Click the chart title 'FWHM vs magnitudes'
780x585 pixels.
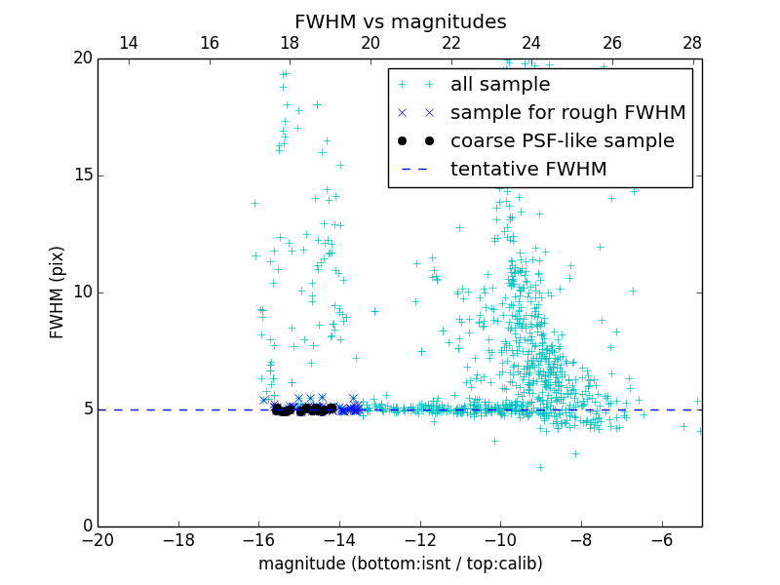coord(400,21)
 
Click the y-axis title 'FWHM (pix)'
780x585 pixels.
coord(58,292)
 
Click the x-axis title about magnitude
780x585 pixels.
coord(400,564)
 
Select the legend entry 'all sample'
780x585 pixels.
coord(499,85)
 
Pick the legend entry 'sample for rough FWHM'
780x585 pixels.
coord(567,113)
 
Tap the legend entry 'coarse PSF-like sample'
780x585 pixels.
coord(562,141)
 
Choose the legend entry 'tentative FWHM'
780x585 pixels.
coord(528,170)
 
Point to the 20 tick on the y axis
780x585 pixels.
coord(81,58)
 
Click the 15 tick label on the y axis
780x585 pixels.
coord(81,175)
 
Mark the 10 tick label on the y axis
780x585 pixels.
coord(81,292)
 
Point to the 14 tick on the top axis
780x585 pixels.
coord(128,43)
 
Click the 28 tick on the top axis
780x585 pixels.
coord(692,43)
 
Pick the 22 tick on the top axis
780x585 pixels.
coord(450,43)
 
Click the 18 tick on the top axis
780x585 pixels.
coord(290,43)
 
